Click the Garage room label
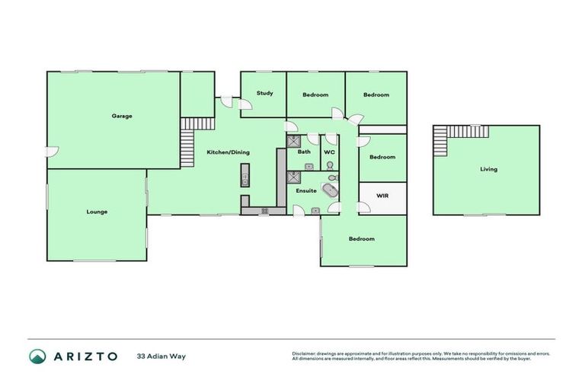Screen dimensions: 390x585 pyautogui.click(x=122, y=117)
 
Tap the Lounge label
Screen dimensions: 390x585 pyautogui.click(x=97, y=212)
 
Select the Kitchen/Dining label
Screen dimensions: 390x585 pyautogui.click(x=228, y=152)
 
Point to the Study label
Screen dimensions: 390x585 pyautogui.click(x=264, y=93)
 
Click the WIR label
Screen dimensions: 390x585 pyautogui.click(x=382, y=196)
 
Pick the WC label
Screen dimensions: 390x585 pyautogui.click(x=329, y=152)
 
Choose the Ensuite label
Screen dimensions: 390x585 pyautogui.click(x=306, y=190)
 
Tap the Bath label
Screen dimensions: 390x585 pyautogui.click(x=304, y=152)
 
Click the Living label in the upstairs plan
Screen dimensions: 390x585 pyautogui.click(x=488, y=169)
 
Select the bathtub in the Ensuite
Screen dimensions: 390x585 pyautogui.click(x=331, y=190)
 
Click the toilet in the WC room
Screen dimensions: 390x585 pyautogui.click(x=331, y=165)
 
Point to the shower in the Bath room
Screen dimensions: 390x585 pyautogui.click(x=293, y=140)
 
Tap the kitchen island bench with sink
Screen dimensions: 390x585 pyautogui.click(x=245, y=174)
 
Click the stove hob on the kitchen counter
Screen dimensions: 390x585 pyautogui.click(x=264, y=210)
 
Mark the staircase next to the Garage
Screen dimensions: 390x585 pyautogui.click(x=188, y=141)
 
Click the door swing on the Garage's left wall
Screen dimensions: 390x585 pyautogui.click(x=50, y=152)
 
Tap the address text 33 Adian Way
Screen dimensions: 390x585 pyautogui.click(x=161, y=356)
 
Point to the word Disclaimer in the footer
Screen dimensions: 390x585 pyautogui.click(x=304, y=353)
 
